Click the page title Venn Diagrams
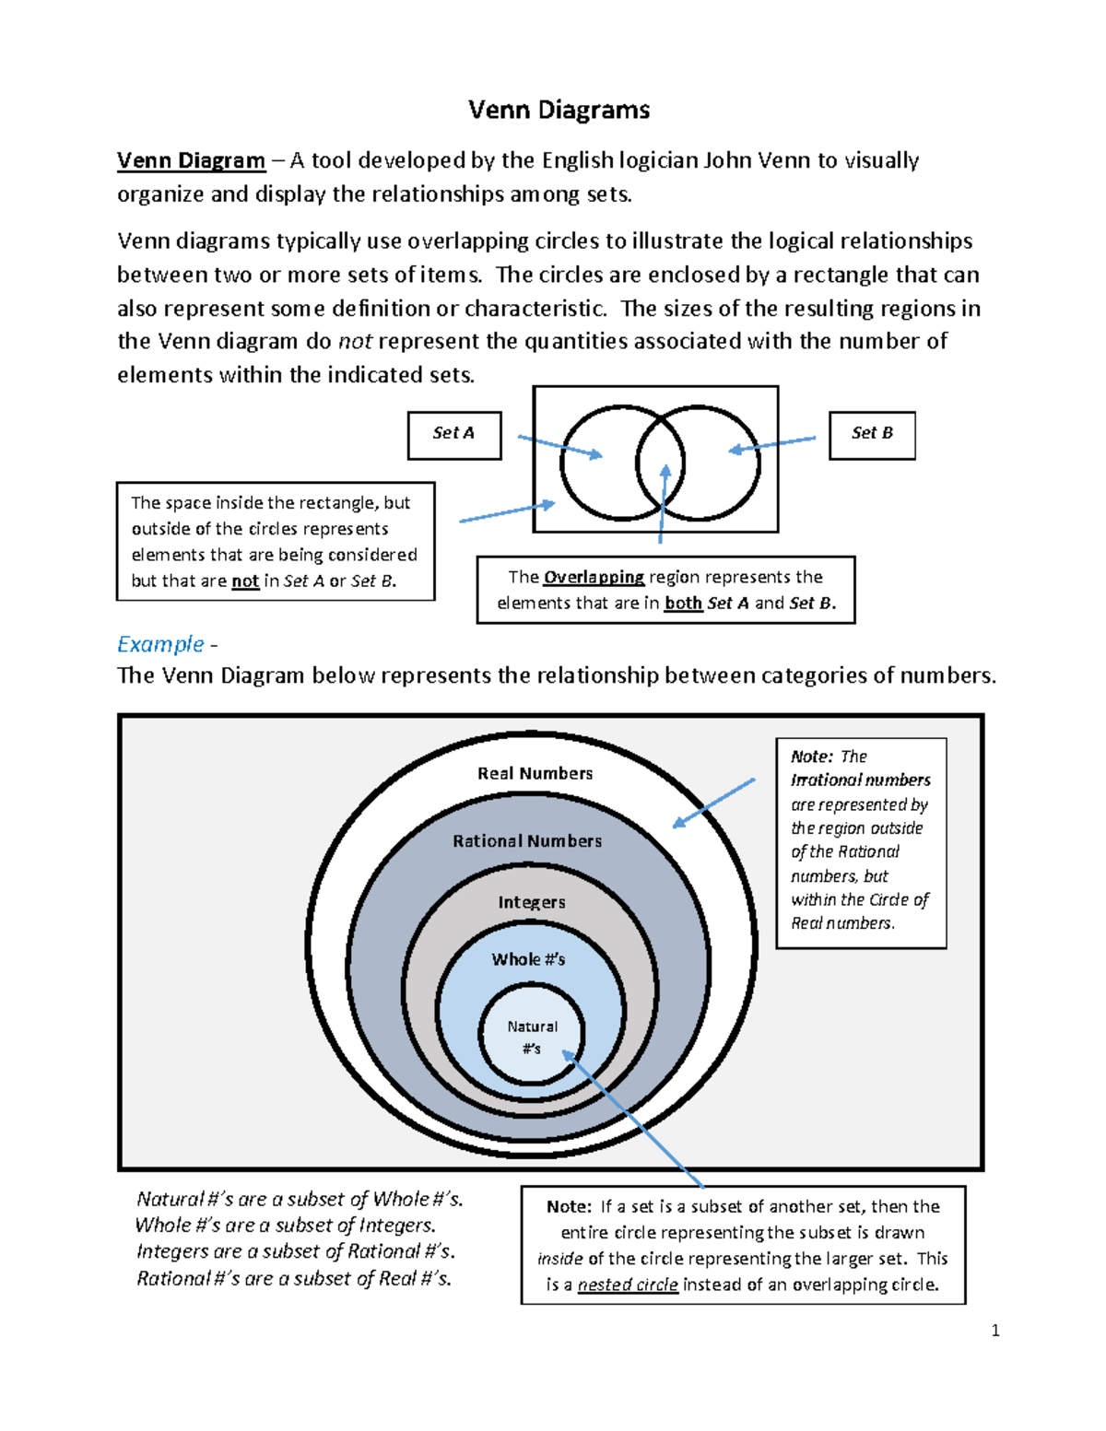(559, 110)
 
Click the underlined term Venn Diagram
(191, 160)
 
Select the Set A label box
(454, 434)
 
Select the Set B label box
(872, 434)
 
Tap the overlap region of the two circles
(660, 461)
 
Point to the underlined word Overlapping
(594, 577)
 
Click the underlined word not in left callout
(245, 581)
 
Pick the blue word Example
(160, 643)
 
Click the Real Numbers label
(535, 773)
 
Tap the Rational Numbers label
(527, 840)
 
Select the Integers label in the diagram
(532, 902)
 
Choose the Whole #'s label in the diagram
(528, 959)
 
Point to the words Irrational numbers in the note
(861, 780)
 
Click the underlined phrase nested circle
(628, 1284)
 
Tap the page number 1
(995, 1330)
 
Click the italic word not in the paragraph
(355, 342)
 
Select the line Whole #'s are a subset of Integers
(286, 1226)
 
